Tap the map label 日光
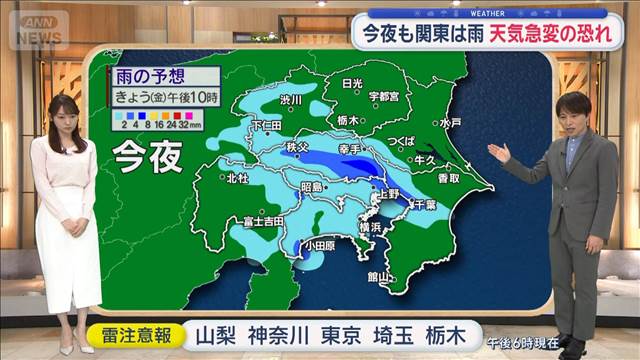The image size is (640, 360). (x=351, y=84)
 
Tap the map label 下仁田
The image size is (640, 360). (x=265, y=126)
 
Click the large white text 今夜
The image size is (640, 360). (x=142, y=156)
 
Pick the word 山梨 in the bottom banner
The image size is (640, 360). (x=214, y=334)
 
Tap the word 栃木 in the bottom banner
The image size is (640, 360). (x=449, y=334)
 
